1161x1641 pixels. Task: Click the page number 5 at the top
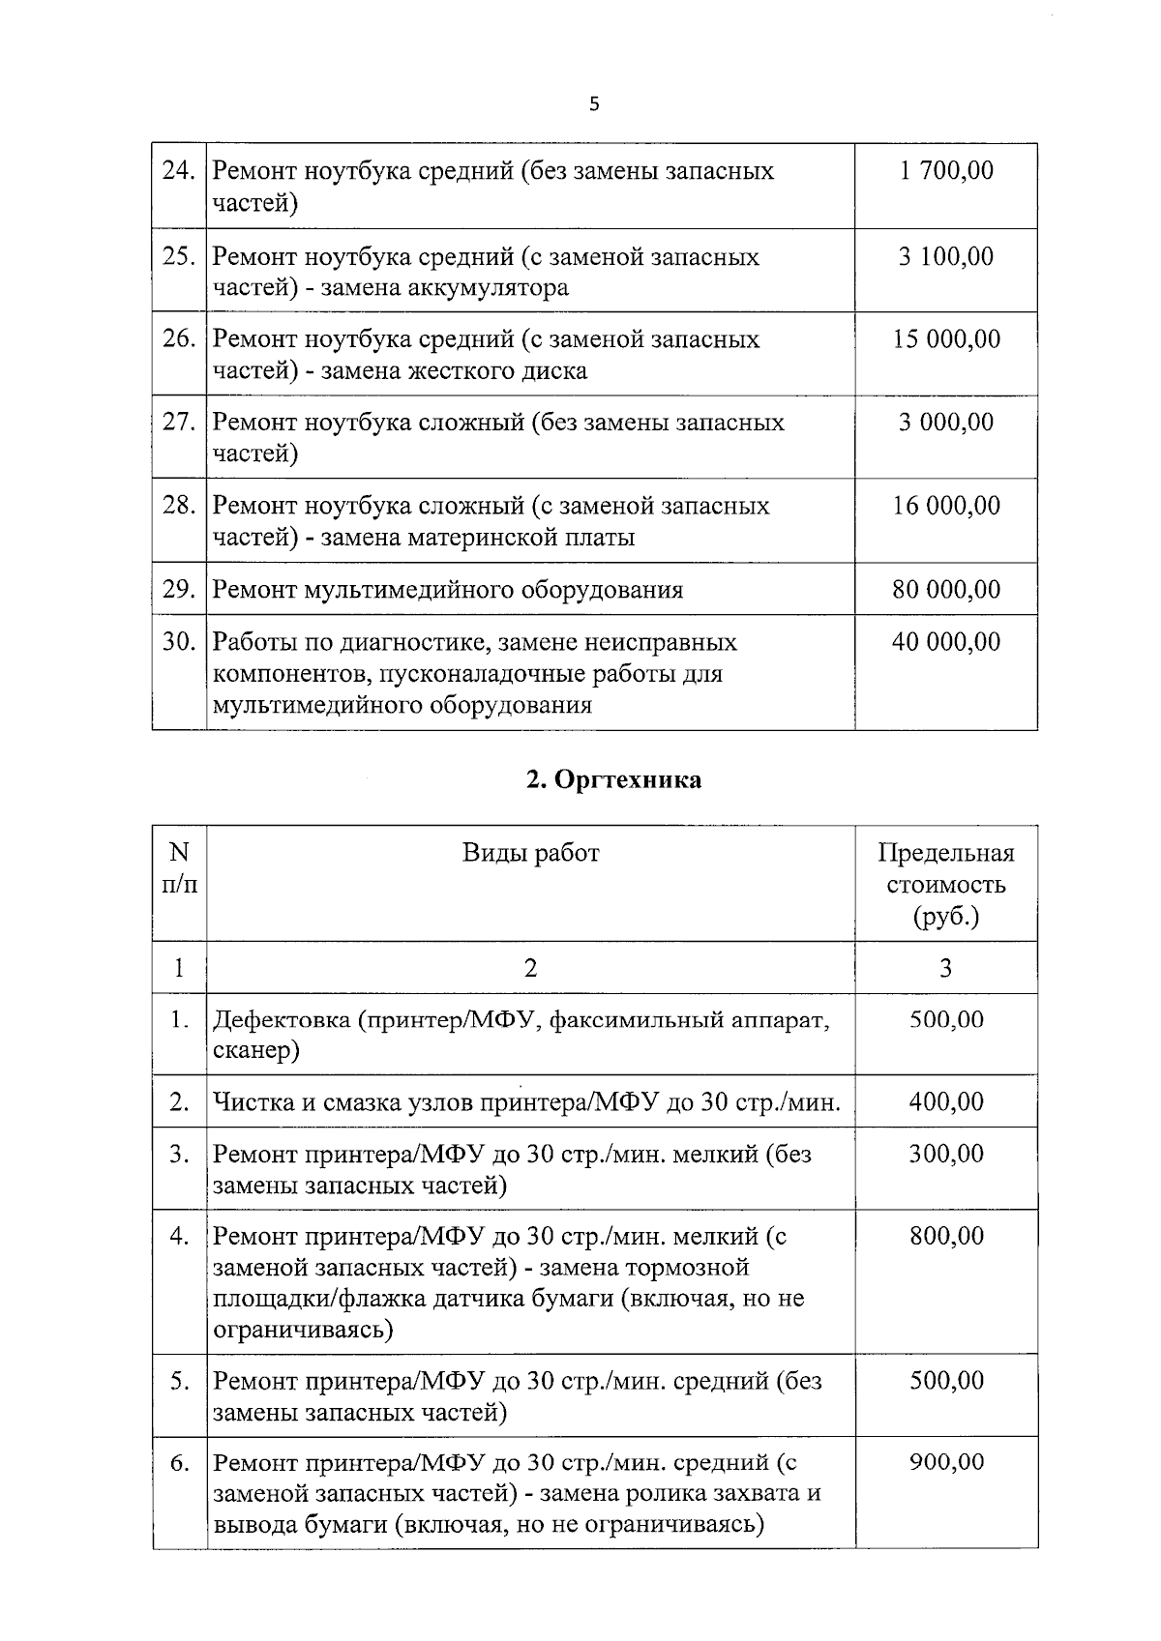tap(594, 104)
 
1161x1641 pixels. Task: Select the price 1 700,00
tap(945, 171)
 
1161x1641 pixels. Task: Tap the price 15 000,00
tap(945, 339)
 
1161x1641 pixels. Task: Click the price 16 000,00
tap(945, 506)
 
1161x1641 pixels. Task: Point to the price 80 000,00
tap(945, 590)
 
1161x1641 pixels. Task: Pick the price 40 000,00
tap(945, 642)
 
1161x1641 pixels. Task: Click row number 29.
tap(179, 590)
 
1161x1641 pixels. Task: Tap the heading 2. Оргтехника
tap(613, 779)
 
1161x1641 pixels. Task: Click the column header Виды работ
tap(530, 853)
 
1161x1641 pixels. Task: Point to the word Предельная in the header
tap(945, 853)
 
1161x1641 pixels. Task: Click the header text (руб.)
tap(945, 916)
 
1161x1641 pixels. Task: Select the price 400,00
tap(945, 1101)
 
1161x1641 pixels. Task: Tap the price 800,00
tap(945, 1236)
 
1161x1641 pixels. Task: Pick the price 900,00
tap(945, 1462)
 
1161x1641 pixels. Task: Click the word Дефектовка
tap(280, 1020)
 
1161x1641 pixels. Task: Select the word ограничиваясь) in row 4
tap(303, 1330)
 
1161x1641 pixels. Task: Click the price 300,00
tap(945, 1154)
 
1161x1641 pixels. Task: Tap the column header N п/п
tap(179, 868)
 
